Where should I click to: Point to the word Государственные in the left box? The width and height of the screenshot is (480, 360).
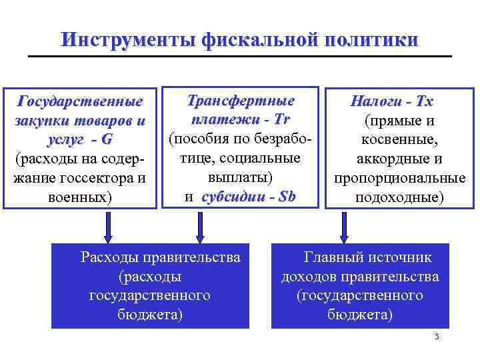[80, 102]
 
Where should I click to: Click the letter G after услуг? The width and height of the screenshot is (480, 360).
[107, 140]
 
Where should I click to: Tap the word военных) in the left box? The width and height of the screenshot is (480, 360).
[81, 198]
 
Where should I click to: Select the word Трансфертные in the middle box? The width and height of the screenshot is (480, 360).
[241, 101]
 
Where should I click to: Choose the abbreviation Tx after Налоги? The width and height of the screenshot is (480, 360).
[424, 102]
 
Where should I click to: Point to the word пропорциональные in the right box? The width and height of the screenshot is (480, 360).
[400, 179]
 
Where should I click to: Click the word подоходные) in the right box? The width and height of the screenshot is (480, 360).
[400, 198]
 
